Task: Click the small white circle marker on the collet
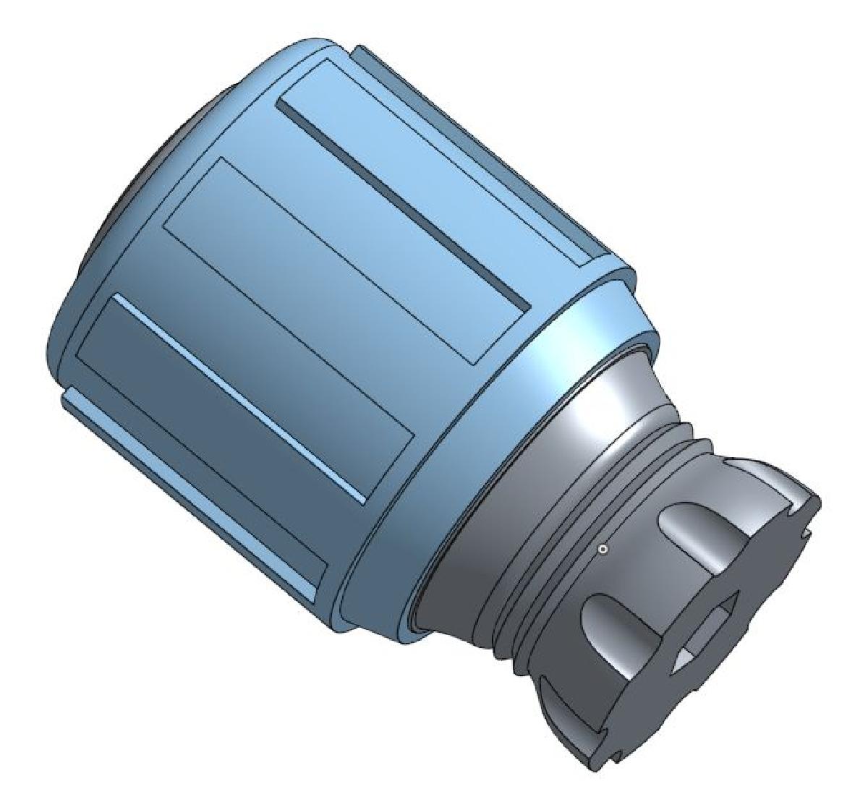tap(603, 550)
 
